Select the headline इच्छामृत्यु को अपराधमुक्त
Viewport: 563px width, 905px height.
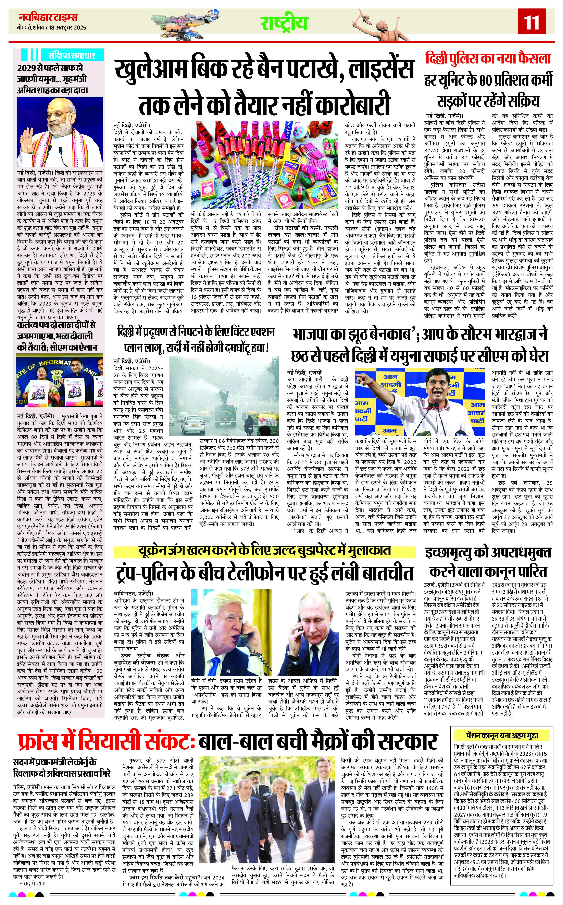click(488, 553)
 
